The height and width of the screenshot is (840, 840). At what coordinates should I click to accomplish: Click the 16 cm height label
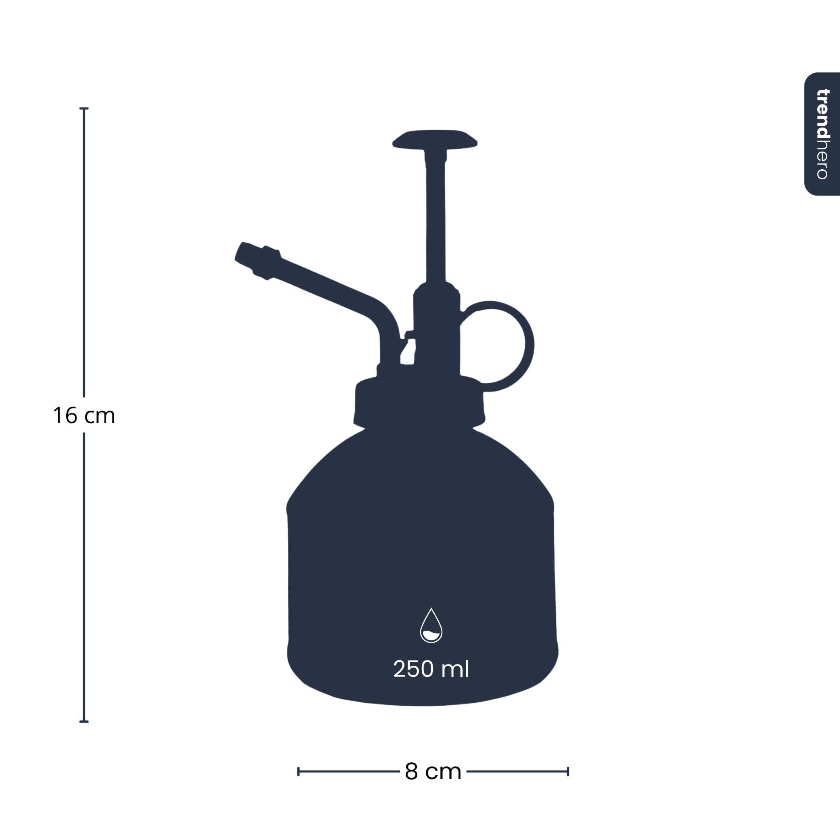(x=84, y=416)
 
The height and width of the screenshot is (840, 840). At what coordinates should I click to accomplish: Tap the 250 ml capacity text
(x=431, y=669)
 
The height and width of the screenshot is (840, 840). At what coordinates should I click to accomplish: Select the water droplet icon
(x=431, y=626)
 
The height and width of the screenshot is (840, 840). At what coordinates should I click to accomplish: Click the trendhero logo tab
(x=822, y=134)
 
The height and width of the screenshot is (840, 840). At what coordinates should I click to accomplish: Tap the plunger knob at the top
(x=435, y=140)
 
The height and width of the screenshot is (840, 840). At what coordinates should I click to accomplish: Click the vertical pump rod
(x=436, y=222)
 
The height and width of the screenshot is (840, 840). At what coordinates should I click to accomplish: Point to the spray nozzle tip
(x=244, y=255)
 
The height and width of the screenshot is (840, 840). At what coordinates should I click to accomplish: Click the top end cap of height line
(x=84, y=108)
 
